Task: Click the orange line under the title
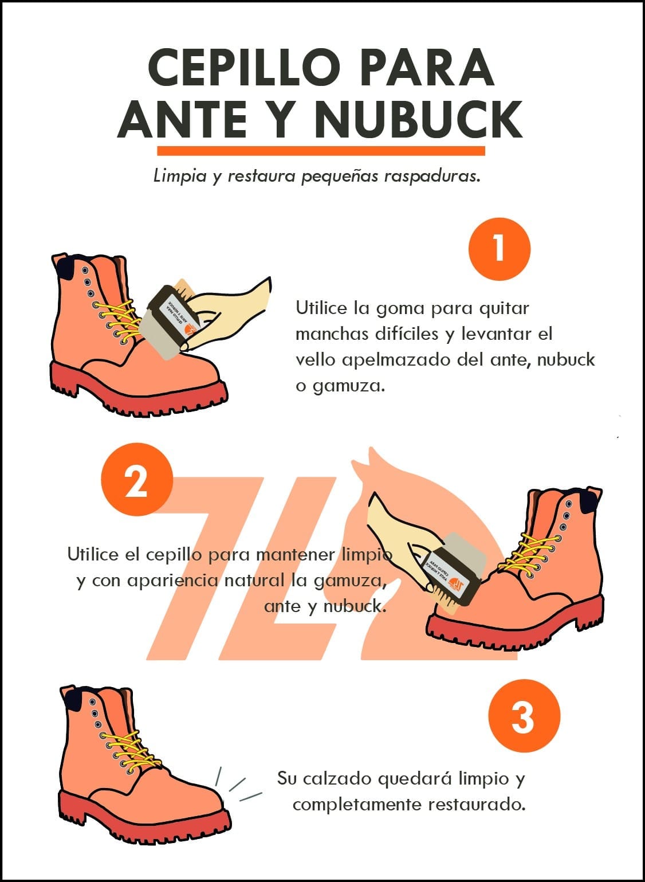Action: pyautogui.click(x=321, y=151)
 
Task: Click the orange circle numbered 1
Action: pyautogui.click(x=500, y=249)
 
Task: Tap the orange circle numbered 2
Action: pyautogui.click(x=137, y=480)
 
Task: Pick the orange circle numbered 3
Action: pyautogui.click(x=524, y=715)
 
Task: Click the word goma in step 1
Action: pyautogui.click(x=400, y=308)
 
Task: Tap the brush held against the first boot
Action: pyautogui.click(x=174, y=321)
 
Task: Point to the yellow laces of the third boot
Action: pyautogui.click(x=123, y=748)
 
